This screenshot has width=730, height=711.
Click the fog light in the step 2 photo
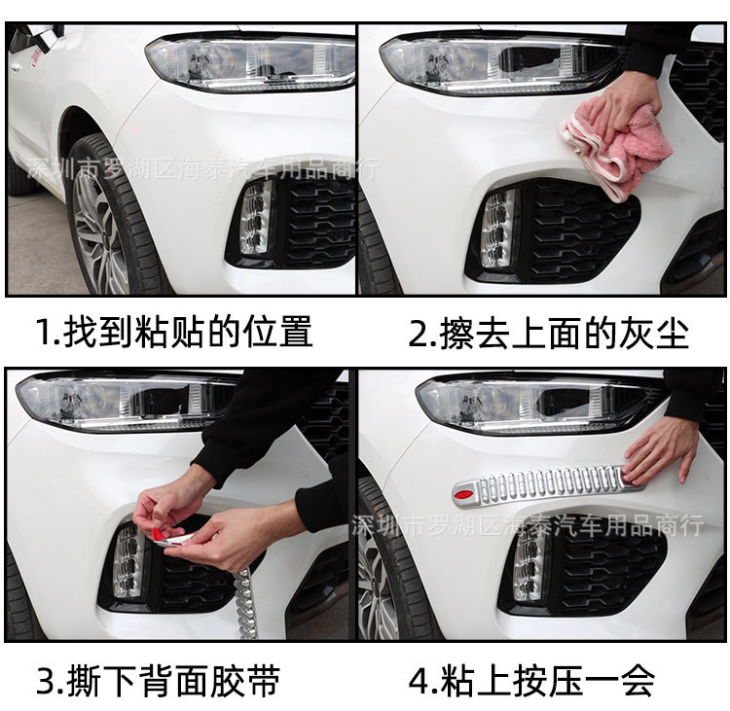(x=498, y=229)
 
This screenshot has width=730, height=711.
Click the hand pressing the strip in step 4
(x=662, y=447)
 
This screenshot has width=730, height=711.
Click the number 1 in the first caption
(x=43, y=333)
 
